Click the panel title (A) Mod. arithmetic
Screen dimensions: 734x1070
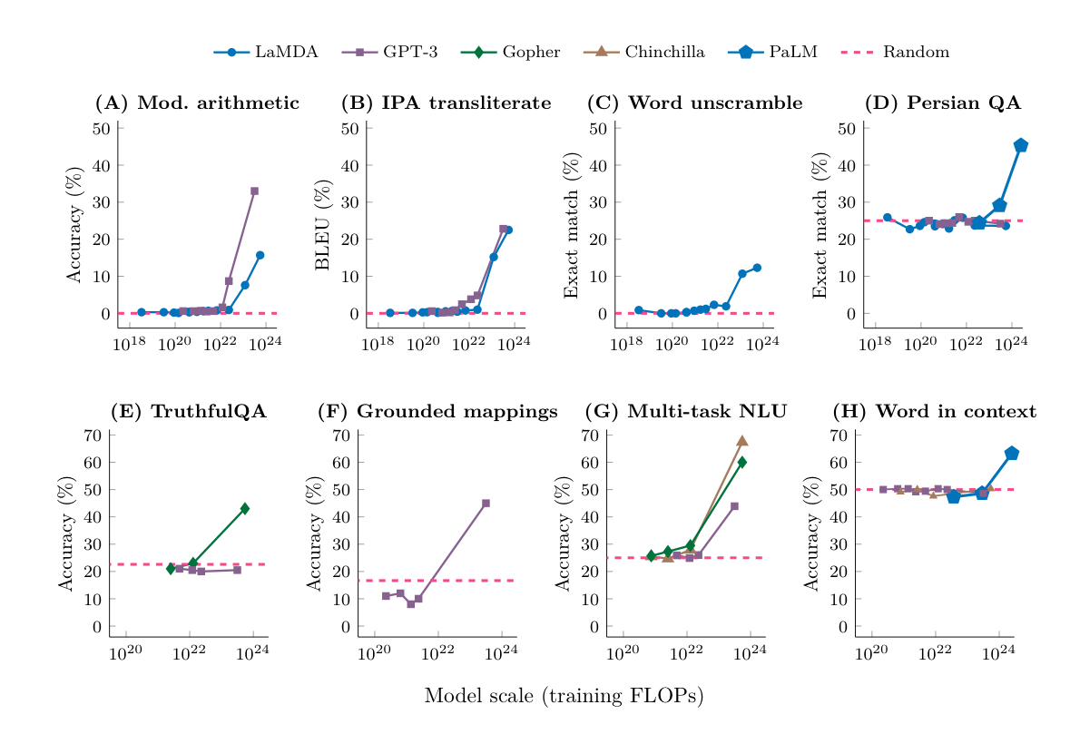tap(197, 103)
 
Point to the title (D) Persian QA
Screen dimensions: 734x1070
tap(943, 103)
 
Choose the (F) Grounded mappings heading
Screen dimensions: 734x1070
tap(437, 412)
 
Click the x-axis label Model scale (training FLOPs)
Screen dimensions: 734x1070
tap(564, 696)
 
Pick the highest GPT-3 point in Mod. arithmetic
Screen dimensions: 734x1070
tap(254, 191)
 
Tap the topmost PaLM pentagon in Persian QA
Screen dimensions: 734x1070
tap(1021, 145)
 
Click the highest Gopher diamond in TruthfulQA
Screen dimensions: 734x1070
tap(244, 509)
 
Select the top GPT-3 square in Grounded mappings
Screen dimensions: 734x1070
tap(486, 503)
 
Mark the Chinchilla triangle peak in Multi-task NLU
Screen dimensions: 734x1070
tap(741, 441)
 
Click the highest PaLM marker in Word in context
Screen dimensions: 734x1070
tap(1012, 454)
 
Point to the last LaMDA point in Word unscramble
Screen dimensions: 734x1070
tap(757, 268)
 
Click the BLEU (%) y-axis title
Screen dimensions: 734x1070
tap(322, 226)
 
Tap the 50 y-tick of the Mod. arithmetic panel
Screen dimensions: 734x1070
tap(102, 128)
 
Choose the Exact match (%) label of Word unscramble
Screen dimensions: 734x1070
tap(571, 226)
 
